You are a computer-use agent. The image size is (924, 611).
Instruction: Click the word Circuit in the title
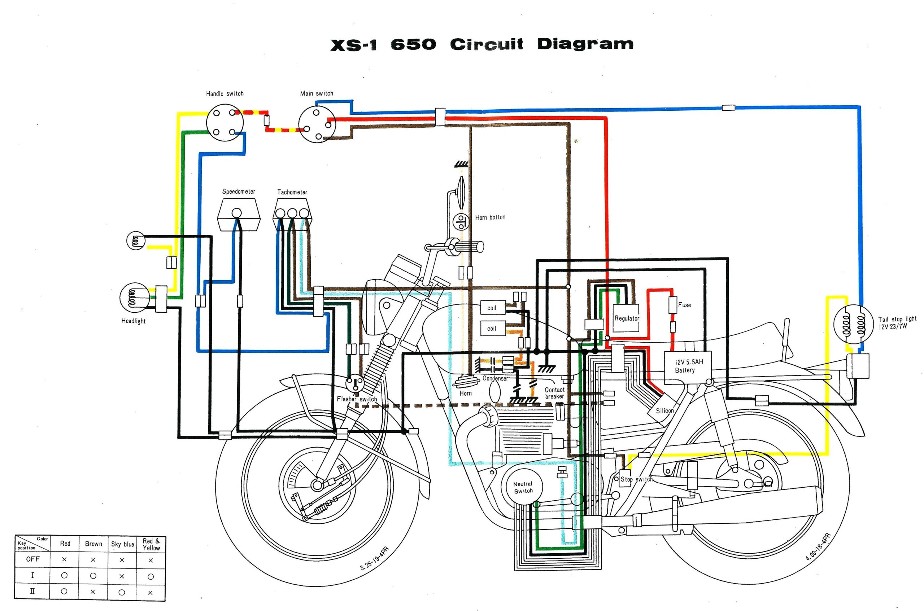click(x=486, y=44)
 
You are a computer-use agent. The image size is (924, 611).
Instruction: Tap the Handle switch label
click(x=225, y=93)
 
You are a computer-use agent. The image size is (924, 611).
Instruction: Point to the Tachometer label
click(x=292, y=192)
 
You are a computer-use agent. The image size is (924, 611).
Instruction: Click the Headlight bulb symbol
click(x=133, y=298)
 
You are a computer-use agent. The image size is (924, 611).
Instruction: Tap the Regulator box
click(x=627, y=318)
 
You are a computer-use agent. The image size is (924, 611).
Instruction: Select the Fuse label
click(x=684, y=305)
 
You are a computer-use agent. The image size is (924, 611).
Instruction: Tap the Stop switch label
click(x=636, y=479)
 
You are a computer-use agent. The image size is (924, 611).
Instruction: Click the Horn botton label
click(x=490, y=217)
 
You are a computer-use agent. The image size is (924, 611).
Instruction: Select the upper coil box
click(x=493, y=308)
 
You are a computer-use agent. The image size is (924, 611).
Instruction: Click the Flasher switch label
click(x=357, y=399)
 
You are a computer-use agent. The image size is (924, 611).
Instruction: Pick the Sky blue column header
click(x=122, y=544)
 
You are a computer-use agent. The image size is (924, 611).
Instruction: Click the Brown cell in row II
click(x=93, y=592)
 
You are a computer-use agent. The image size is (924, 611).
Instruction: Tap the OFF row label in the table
click(x=33, y=559)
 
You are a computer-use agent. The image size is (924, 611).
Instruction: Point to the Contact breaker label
click(x=554, y=393)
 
